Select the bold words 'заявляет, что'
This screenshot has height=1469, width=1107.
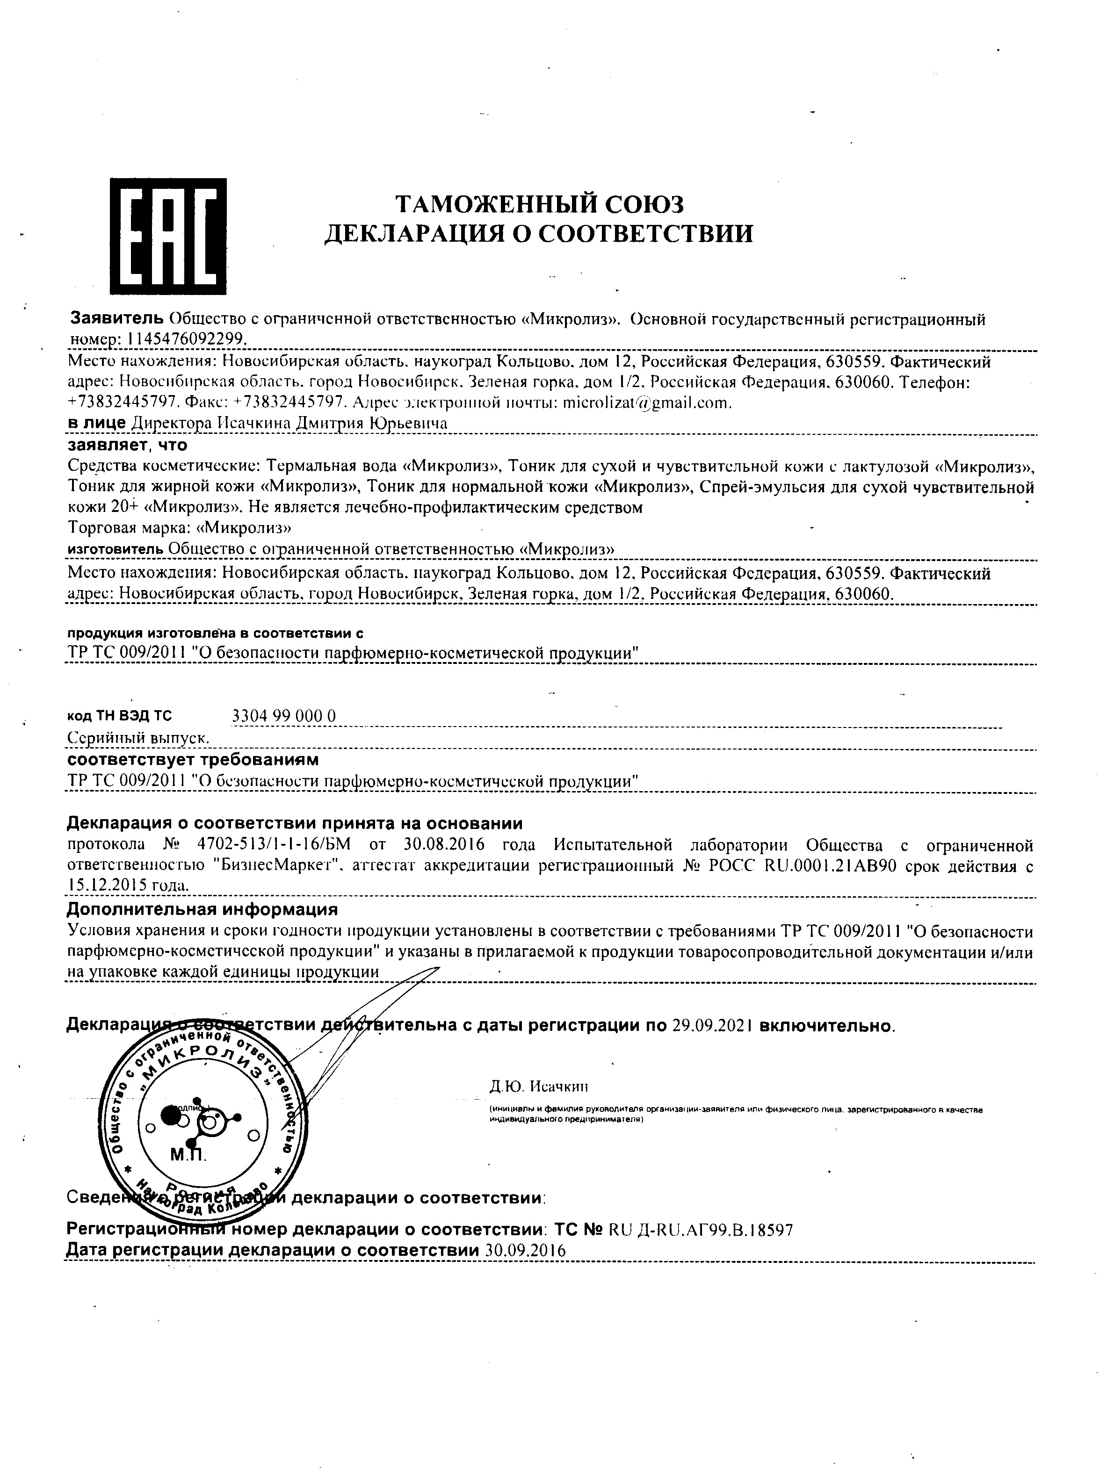[x=128, y=444]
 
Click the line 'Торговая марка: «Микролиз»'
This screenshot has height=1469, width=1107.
[x=180, y=528]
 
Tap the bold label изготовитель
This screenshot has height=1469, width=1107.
[x=116, y=549]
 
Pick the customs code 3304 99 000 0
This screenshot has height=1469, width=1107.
[x=284, y=715]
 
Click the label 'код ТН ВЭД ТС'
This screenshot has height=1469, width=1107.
[x=120, y=716]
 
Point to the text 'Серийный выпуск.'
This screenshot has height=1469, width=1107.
[x=139, y=738]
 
